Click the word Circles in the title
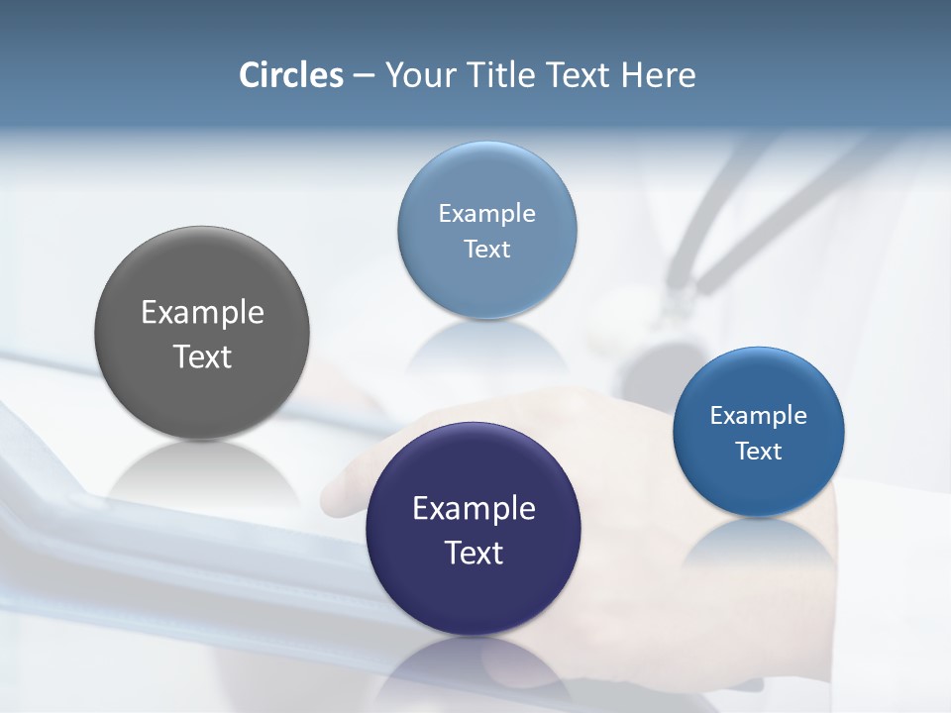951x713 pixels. click(x=290, y=75)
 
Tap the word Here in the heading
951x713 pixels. click(x=658, y=75)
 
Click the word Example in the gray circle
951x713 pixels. click(x=202, y=313)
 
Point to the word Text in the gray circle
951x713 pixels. click(x=202, y=356)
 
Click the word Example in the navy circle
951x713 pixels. click(x=474, y=509)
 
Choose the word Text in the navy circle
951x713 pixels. click(x=474, y=553)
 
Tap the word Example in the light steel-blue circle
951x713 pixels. click(x=486, y=213)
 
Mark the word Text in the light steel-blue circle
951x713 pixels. click(x=486, y=249)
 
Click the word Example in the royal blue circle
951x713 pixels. click(x=758, y=415)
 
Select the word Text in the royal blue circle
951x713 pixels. click(x=758, y=451)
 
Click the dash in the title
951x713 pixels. click(x=364, y=76)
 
